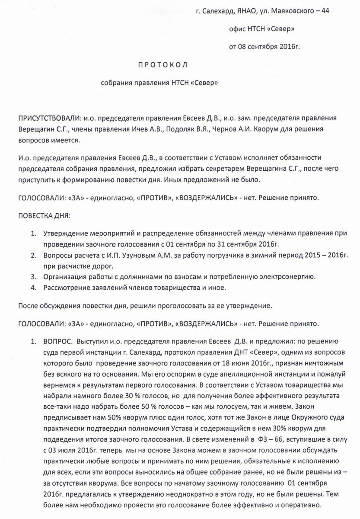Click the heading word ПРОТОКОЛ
point(162,65)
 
